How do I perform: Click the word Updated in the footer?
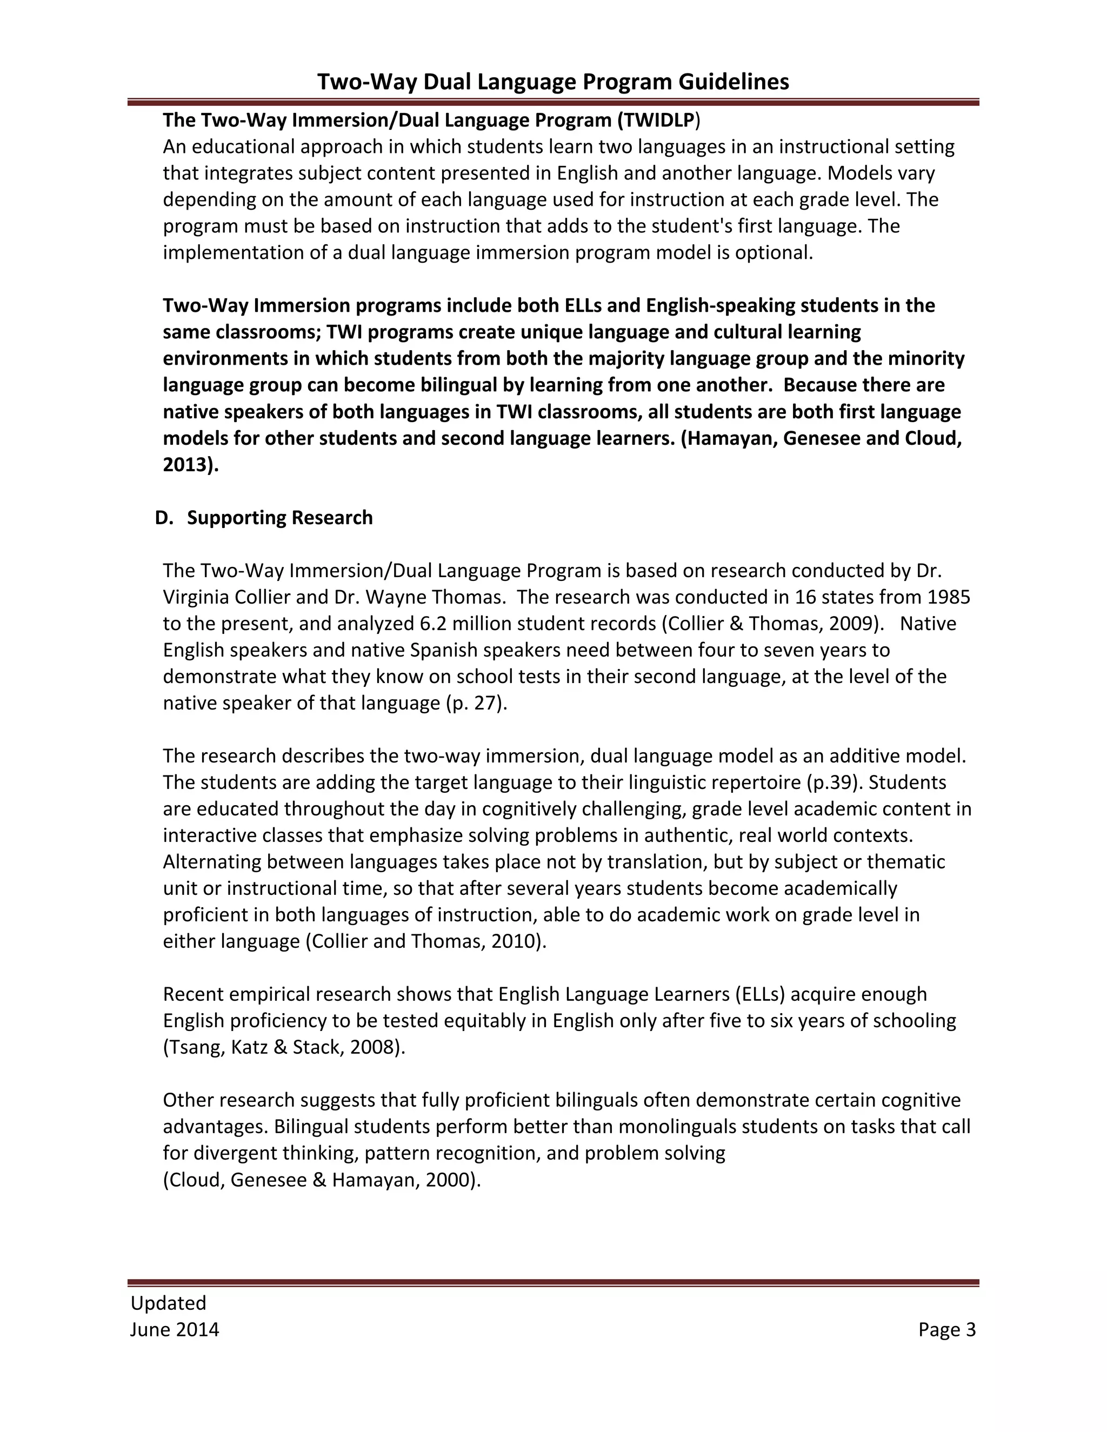169,1303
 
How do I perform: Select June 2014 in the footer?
175,1329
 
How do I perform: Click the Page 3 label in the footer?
946,1329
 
